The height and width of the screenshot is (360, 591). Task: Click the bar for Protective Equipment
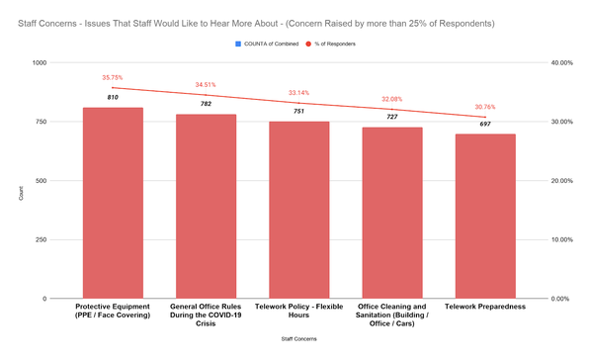(112, 203)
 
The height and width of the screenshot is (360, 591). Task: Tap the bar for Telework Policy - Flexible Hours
(298, 210)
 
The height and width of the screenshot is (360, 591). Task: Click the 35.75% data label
(112, 77)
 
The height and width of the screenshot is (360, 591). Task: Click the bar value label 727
(391, 117)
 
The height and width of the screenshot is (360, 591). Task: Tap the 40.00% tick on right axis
(561, 62)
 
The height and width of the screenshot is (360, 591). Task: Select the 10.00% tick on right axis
(561, 239)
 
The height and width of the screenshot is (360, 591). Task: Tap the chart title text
(256, 21)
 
